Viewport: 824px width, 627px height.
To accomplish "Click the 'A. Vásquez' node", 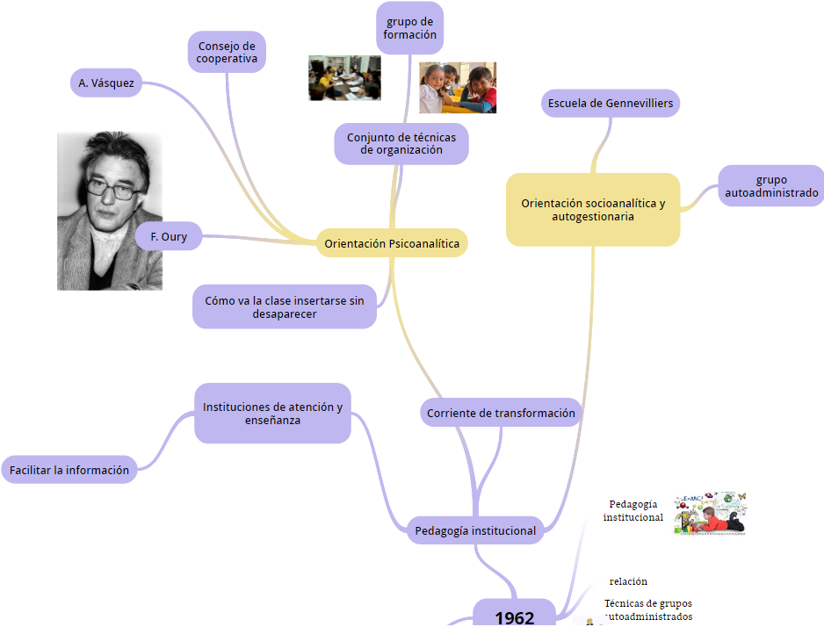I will point(105,83).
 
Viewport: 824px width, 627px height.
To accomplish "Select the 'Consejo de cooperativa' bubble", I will point(227,52).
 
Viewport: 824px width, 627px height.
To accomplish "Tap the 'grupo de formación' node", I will point(409,28).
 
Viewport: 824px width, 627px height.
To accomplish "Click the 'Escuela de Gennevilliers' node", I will point(611,104).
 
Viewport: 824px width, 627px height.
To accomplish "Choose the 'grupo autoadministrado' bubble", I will point(771,186).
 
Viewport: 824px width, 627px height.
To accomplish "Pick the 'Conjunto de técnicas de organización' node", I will point(401,143).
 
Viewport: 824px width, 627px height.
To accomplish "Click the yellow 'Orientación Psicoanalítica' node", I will point(392,243).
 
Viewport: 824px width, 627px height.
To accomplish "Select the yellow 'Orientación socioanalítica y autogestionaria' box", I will point(593,209).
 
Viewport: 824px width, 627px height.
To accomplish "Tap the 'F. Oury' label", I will point(168,236).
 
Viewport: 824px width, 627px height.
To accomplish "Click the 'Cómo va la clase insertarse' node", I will point(284,306).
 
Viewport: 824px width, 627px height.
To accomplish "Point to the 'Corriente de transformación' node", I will point(501,413).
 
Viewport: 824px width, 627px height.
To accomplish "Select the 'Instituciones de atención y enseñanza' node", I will point(272,413).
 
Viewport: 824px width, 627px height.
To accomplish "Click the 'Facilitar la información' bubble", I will point(69,470).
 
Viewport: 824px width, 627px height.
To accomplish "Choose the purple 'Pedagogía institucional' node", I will point(475,530).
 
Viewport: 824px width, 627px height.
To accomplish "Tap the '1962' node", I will point(515,616).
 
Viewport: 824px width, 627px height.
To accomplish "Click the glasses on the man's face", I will point(111,188).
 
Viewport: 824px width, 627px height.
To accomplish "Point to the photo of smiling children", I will point(457,88).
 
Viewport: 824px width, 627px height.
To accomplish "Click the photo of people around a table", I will point(344,78).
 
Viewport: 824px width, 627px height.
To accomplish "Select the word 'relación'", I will point(628,581).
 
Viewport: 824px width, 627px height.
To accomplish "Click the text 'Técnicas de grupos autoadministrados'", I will point(648,609).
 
